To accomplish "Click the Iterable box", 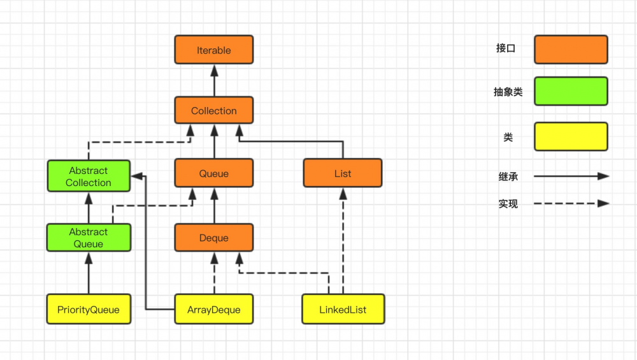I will pyautogui.click(x=214, y=50).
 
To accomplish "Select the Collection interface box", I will pyautogui.click(x=214, y=110).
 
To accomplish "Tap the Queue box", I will pyautogui.click(x=214, y=173).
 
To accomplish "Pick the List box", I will pyautogui.click(x=343, y=173).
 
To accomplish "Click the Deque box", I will pyautogui.click(x=214, y=238).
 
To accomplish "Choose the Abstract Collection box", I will pyautogui.click(x=89, y=176).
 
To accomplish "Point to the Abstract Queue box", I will pyautogui.click(x=89, y=238).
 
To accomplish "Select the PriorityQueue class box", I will pyautogui.click(x=89, y=310).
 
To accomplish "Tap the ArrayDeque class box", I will pyautogui.click(x=214, y=310).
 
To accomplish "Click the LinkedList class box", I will pyautogui.click(x=343, y=310).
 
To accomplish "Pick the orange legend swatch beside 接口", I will pyautogui.click(x=571, y=50).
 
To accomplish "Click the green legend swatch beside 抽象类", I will pyautogui.click(x=571, y=91).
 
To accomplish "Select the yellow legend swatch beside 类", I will pyautogui.click(x=571, y=136).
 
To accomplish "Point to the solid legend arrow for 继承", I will pyautogui.click(x=571, y=176).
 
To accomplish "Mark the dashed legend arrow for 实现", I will pyautogui.click(x=571, y=204).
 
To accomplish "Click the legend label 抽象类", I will pyautogui.click(x=508, y=92).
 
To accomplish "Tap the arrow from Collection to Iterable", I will pyautogui.click(x=214, y=80).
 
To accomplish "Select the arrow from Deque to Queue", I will pyautogui.click(x=214, y=206).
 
